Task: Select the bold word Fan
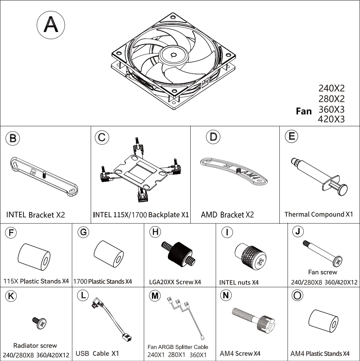coord(304,111)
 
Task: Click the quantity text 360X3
coord(331,109)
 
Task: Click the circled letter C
coord(102,137)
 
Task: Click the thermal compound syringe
coord(317,175)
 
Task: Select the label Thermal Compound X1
coord(319,214)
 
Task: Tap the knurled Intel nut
coord(250,256)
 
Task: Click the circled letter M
coord(156,295)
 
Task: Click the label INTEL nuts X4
coord(239,283)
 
